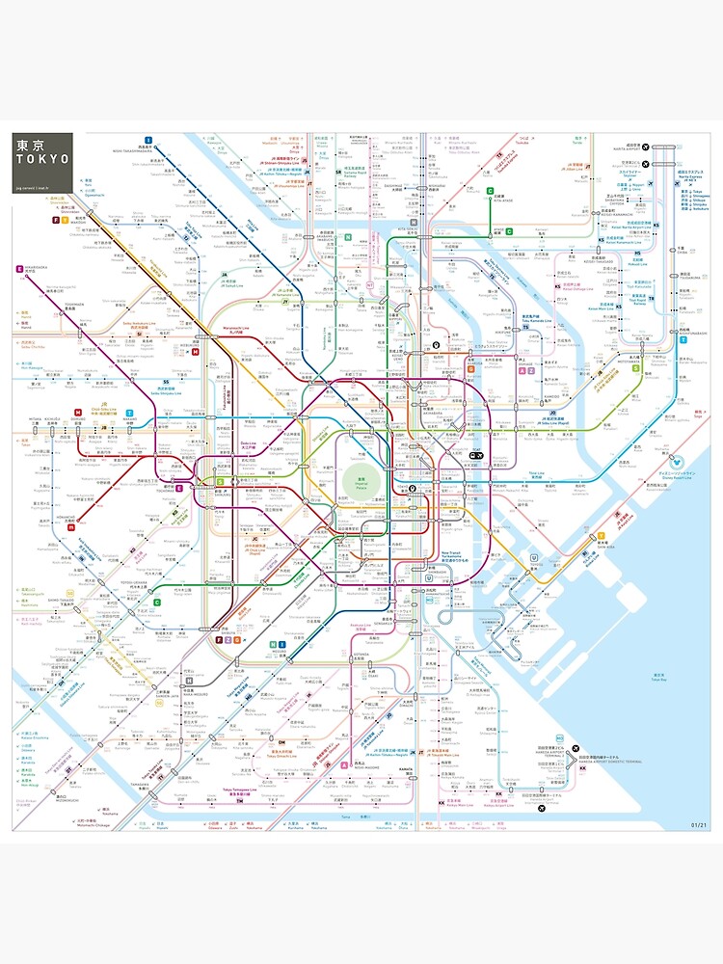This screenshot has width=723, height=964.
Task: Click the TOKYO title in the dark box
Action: point(41,159)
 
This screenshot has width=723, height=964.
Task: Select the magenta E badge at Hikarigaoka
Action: point(18,269)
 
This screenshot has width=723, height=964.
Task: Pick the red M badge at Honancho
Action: point(70,527)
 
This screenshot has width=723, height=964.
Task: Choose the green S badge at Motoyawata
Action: point(636,367)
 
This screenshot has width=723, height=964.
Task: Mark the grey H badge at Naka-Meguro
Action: point(190,680)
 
